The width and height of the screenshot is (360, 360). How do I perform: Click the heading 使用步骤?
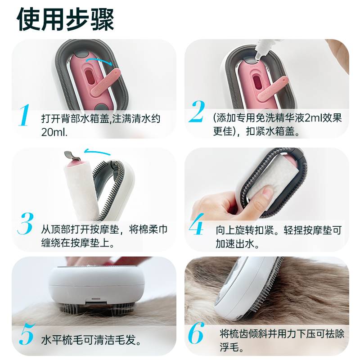[x=66, y=19]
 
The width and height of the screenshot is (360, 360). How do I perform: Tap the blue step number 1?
[x=25, y=115]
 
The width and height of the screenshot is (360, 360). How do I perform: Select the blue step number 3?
[x=25, y=223]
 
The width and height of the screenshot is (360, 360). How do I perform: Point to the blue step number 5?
[x=25, y=334]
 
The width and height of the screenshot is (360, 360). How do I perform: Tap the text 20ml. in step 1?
[x=54, y=132]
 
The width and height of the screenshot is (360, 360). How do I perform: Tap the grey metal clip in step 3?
[x=72, y=156]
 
